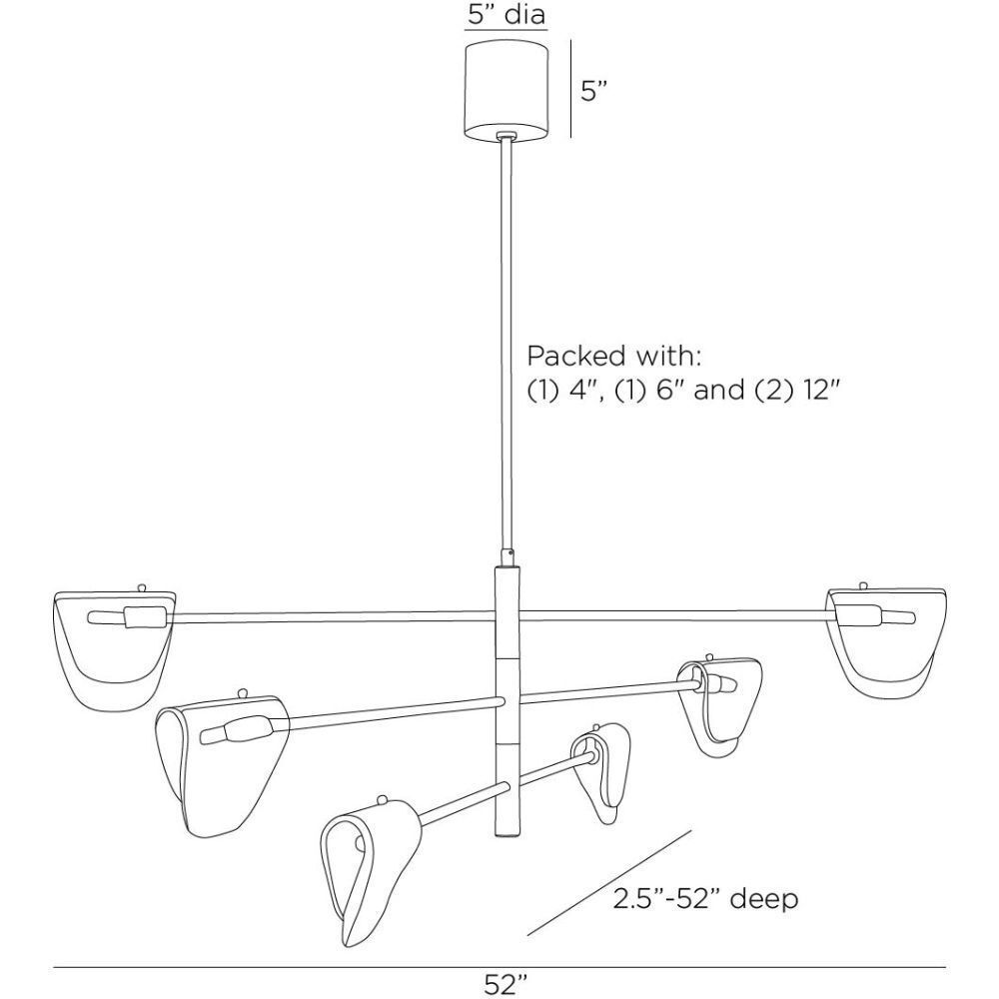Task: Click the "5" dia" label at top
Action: point(505,14)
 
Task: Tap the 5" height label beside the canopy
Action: point(591,91)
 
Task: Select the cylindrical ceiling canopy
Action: point(505,91)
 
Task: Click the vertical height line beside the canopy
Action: point(570,89)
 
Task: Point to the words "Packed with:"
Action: point(613,356)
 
